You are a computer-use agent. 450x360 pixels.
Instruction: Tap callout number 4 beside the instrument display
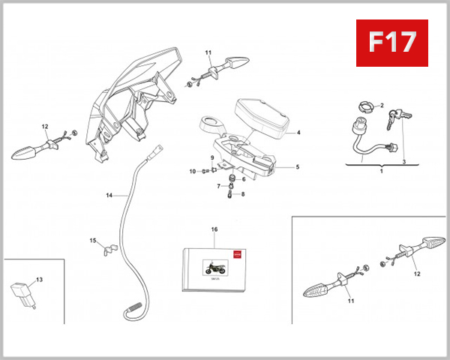(298, 133)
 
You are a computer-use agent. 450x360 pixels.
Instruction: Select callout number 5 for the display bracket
(298, 167)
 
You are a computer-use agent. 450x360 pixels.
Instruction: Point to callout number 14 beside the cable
(109, 195)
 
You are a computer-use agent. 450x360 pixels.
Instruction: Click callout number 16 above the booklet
(214, 229)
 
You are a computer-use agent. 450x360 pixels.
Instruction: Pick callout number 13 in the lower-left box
(39, 280)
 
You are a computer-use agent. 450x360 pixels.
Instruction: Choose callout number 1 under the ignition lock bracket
(381, 172)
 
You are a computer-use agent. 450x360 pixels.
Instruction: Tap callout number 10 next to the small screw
(192, 172)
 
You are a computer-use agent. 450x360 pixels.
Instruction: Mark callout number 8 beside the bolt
(242, 195)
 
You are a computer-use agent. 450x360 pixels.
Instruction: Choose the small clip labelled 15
(109, 245)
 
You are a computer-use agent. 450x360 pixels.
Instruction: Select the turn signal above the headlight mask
(226, 66)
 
